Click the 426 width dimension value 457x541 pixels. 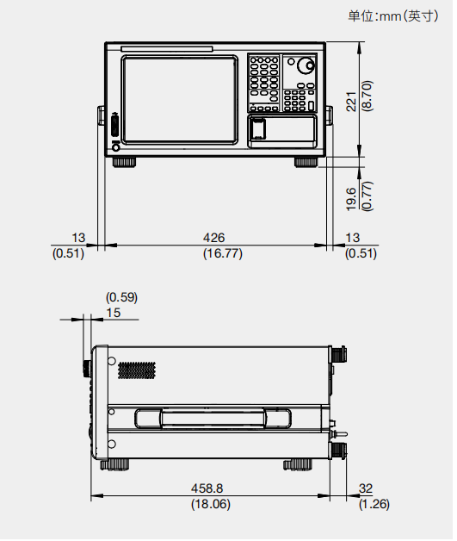213,238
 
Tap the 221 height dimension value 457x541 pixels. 351,102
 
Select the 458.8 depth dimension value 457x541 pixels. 207,488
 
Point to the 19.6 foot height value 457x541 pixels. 351,199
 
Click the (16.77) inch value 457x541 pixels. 223,253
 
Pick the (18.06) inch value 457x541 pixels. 211,504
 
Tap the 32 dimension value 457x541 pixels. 366,488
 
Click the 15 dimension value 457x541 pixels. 113,313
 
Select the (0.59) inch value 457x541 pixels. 121,297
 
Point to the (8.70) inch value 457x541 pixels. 367,96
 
